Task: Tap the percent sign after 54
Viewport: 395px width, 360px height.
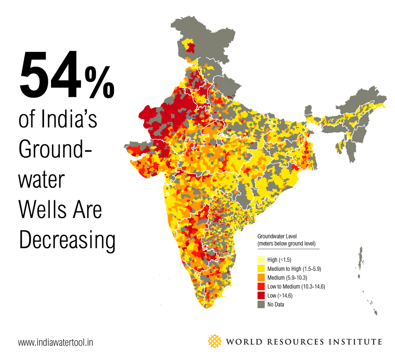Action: coord(99,82)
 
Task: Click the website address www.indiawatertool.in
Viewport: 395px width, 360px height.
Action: coord(56,342)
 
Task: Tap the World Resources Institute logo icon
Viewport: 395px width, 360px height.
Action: coord(215,341)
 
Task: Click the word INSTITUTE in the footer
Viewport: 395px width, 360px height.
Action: coord(355,342)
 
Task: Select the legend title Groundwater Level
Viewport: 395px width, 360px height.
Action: coord(277,236)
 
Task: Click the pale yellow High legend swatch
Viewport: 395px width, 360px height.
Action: coord(261,260)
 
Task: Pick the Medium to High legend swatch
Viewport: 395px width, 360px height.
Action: coord(261,269)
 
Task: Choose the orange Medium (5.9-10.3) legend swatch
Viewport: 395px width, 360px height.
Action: coord(261,277)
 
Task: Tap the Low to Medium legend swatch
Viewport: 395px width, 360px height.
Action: coord(261,286)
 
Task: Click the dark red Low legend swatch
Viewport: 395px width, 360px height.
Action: coord(261,296)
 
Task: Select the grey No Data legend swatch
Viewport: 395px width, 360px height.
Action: coord(261,304)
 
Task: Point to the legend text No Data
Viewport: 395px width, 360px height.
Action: coord(276,304)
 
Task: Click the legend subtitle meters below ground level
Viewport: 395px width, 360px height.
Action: coord(286,244)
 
